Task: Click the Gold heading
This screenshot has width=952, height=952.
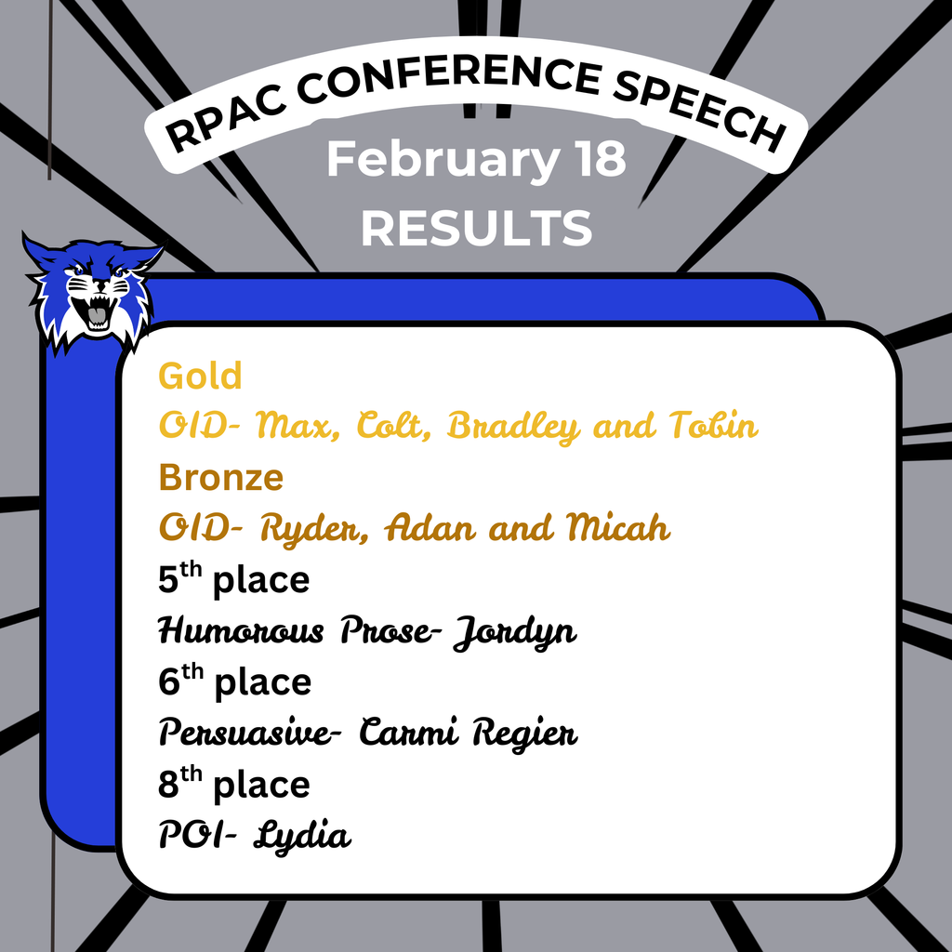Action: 200,376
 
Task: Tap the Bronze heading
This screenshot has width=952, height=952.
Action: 220,477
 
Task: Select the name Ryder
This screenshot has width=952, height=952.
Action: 308,529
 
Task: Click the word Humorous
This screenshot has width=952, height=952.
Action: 241,631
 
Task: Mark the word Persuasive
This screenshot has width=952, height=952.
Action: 245,733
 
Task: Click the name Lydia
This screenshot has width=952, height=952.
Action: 308,836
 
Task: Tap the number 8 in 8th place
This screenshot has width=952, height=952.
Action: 168,786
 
